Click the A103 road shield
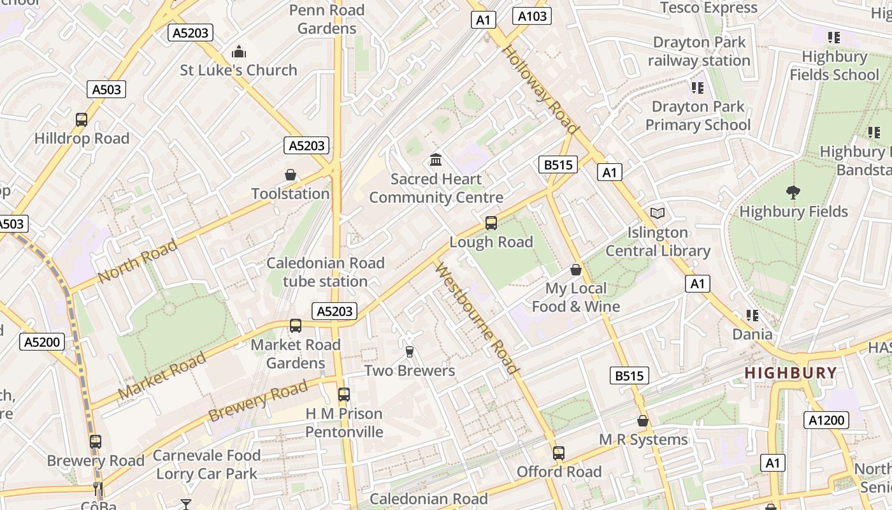coord(532,16)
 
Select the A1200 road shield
coord(826,419)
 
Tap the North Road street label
coord(138,261)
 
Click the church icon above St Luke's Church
coord(239,51)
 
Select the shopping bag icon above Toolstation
coord(291,175)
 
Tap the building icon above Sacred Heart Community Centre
coord(436,159)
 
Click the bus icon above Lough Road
coord(491,223)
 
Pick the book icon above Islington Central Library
coord(658,213)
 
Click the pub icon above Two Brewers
coord(410,351)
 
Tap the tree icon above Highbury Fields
coord(793,192)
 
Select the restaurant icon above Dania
coord(752,316)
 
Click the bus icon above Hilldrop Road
coord(82,119)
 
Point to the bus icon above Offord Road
coord(559,453)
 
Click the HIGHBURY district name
coord(791,373)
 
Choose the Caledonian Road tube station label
coord(326,272)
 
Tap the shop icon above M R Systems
coord(643,421)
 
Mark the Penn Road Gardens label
coord(327,19)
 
